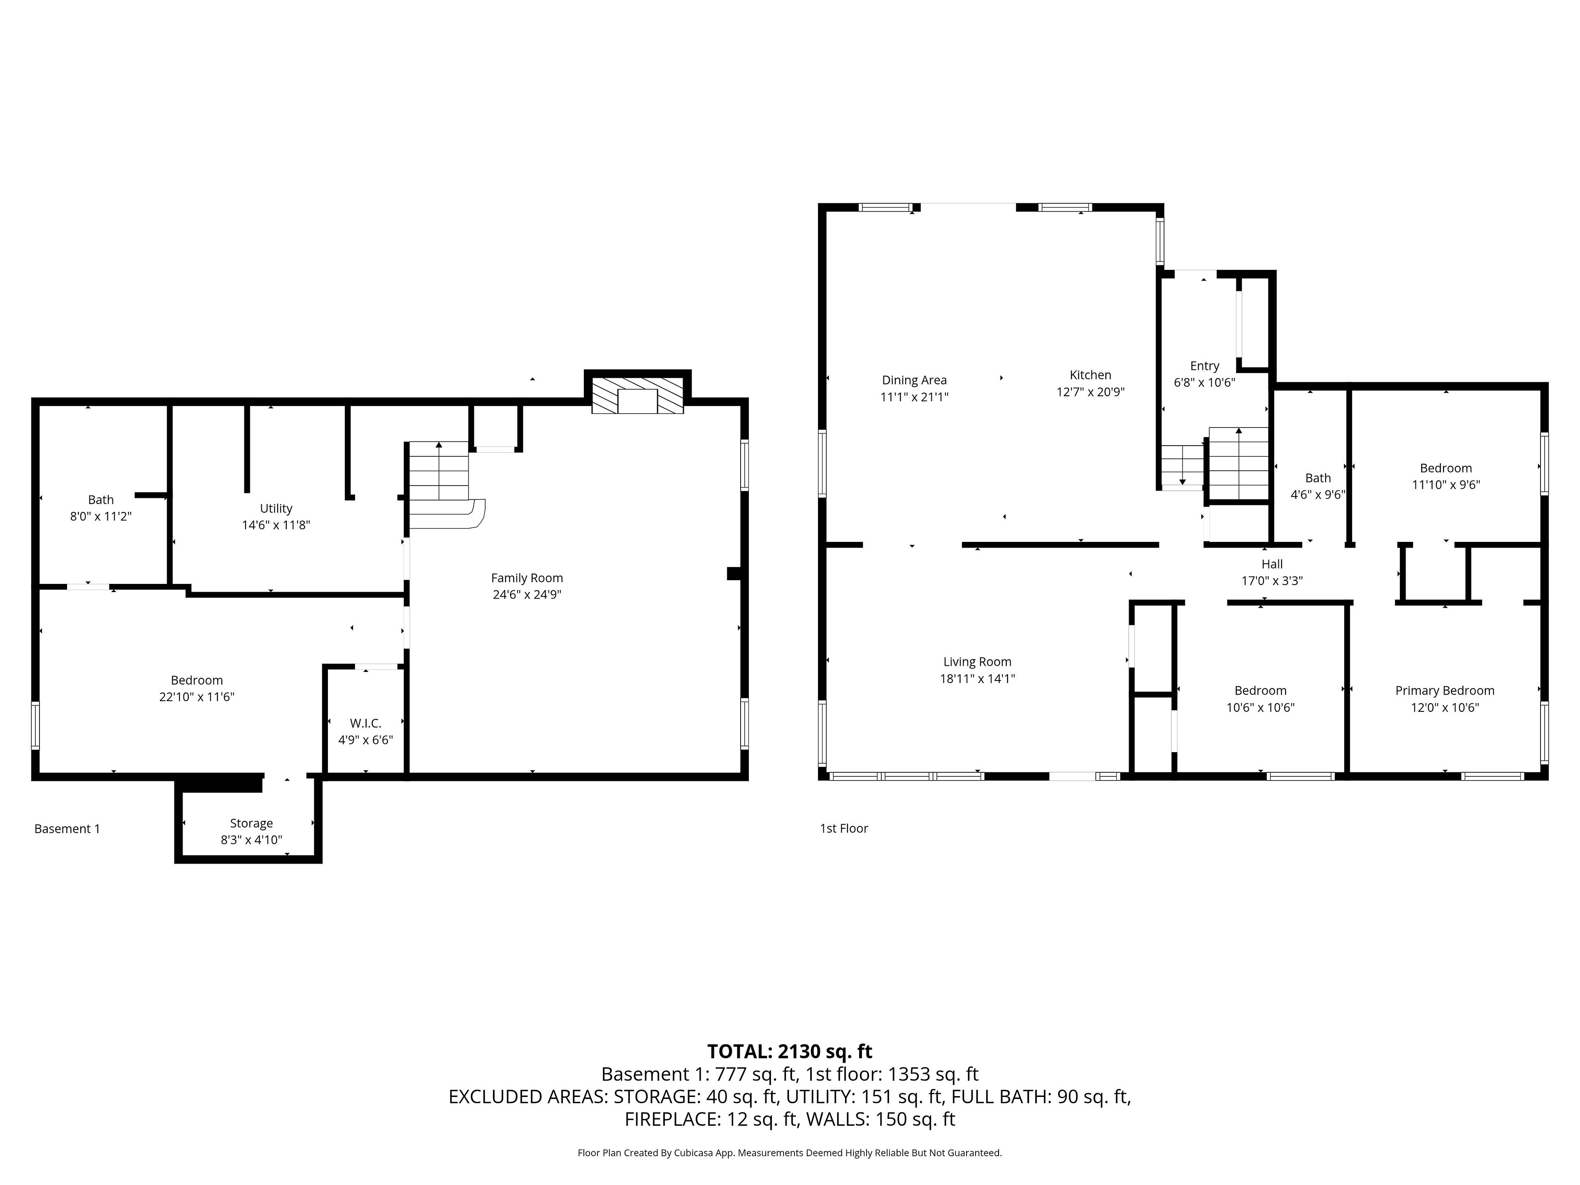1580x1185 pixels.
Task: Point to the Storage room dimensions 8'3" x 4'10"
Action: pyautogui.click(x=251, y=840)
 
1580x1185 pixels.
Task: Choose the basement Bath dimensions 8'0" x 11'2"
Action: pyautogui.click(x=101, y=516)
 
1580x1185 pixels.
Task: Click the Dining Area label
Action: pyautogui.click(x=914, y=380)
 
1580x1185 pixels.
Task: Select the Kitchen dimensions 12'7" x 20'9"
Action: pyautogui.click(x=1091, y=391)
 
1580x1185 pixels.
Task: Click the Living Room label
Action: pyautogui.click(x=977, y=662)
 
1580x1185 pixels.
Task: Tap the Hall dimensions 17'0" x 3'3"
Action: pyautogui.click(x=1272, y=581)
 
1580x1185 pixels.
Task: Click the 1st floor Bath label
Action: pyautogui.click(x=1318, y=478)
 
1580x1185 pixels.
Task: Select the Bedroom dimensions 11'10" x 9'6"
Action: pyautogui.click(x=1446, y=484)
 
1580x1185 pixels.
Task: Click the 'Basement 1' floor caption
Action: pyautogui.click(x=67, y=829)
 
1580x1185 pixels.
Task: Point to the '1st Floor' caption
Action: pyautogui.click(x=843, y=828)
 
